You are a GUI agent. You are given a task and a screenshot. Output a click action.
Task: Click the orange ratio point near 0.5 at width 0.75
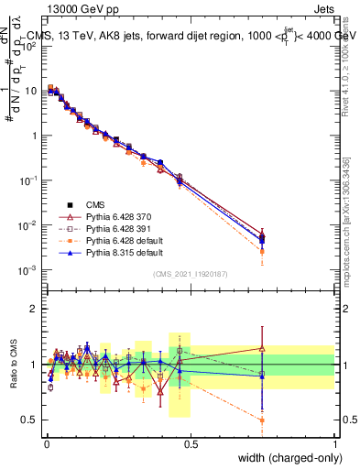click(263, 420)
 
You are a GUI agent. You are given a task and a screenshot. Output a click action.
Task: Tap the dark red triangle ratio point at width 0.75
click(263, 348)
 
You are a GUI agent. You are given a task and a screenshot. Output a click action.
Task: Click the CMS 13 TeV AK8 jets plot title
click(192, 37)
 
